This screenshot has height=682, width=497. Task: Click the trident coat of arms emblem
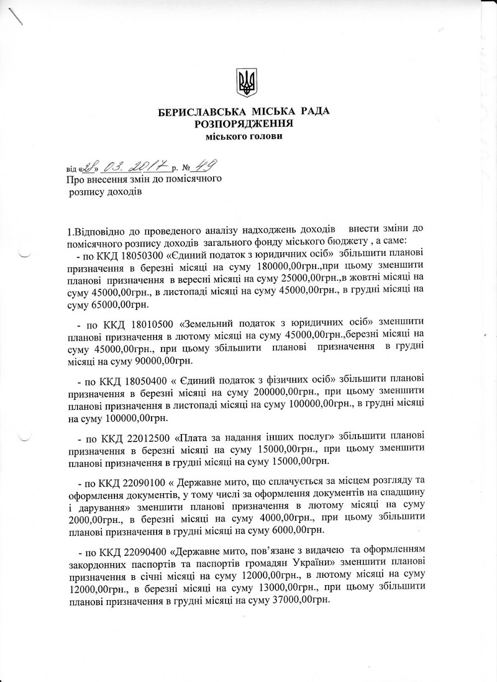click(x=247, y=83)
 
